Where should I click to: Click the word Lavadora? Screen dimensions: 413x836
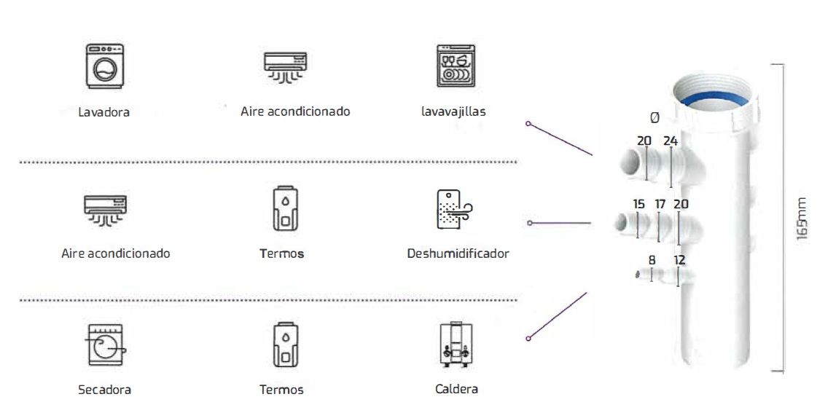[104, 112]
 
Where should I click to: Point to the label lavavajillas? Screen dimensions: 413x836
[453, 111]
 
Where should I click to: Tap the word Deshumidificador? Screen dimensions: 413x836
[458, 253]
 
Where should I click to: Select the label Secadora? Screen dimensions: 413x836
[104, 390]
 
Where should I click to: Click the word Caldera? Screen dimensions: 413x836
[456, 389]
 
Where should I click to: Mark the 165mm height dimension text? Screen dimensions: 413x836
[802, 218]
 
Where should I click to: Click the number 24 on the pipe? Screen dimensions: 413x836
[671, 141]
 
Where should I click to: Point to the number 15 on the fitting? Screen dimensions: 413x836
[638, 204]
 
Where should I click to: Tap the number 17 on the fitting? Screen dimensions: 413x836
[660, 204]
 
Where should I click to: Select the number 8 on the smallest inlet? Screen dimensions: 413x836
[652, 259]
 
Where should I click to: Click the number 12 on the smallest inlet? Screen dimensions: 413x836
[679, 259]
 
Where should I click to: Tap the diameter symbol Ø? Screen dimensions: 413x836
[654, 117]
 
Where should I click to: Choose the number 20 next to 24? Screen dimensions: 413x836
[644, 141]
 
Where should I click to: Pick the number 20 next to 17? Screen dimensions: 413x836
[681, 204]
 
